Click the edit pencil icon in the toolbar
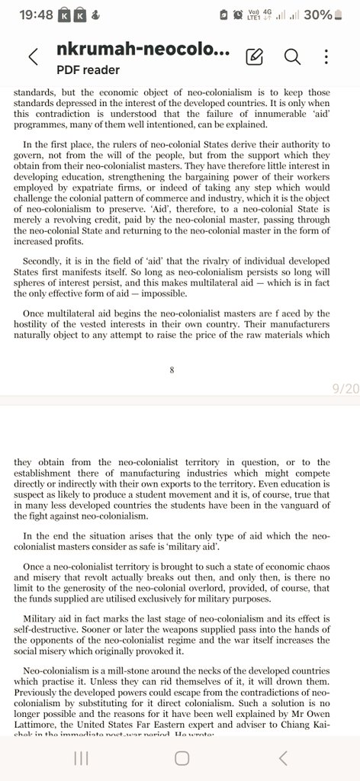pyautogui.click(x=255, y=56)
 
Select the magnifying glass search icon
pyautogui.click(x=291, y=56)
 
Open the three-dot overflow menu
pyautogui.click(x=326, y=56)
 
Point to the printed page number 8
pyautogui.click(x=172, y=371)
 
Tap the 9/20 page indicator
pyautogui.click(x=345, y=389)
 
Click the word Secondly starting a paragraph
pyautogui.click(x=46, y=260)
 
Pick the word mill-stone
pyautogui.click(x=138, y=670)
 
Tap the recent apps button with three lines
pyautogui.click(x=81, y=757)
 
